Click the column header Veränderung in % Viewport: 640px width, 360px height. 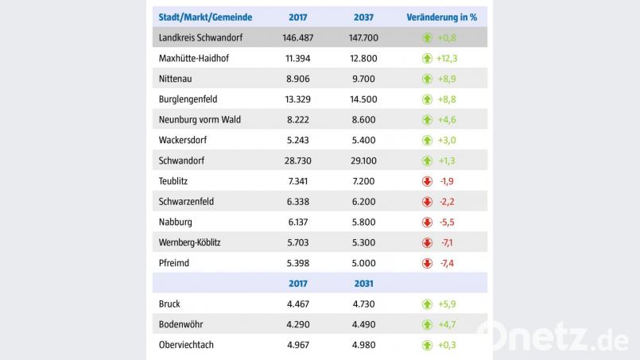coord(446,17)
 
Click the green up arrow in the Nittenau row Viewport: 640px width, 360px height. coord(427,79)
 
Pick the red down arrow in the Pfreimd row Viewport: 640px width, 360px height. coord(427,263)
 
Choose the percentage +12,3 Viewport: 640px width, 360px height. coord(447,58)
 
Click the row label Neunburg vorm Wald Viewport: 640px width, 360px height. coord(200,120)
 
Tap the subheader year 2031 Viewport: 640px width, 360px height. coord(363,283)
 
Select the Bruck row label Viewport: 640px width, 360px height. coord(169,304)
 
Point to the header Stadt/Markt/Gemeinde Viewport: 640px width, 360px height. coord(205,17)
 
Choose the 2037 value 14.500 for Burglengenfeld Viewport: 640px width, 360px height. coord(363,99)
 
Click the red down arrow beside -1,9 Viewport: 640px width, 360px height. coord(427,181)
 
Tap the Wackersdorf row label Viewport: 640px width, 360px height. coord(184,141)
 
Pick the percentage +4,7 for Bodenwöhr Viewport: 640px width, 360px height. coord(447,324)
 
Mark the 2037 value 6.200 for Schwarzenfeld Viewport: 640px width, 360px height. coord(363,202)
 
